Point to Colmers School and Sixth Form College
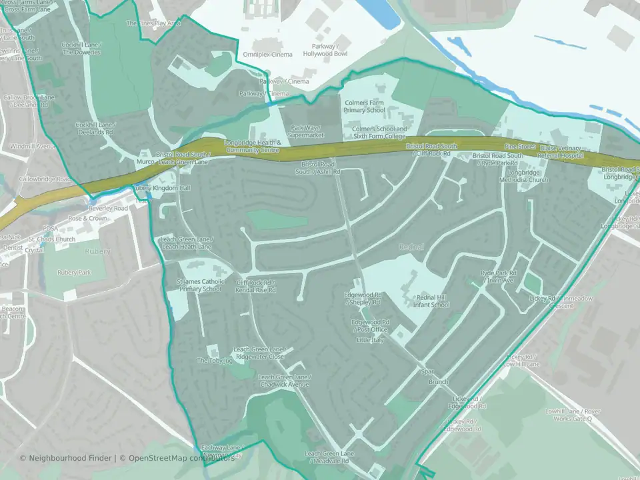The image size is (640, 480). pos(379,132)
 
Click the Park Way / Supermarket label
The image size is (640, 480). pos(306,131)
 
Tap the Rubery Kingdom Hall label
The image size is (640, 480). pos(162,189)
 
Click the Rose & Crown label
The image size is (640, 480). pos(87,218)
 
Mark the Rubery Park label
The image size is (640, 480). pos(73,272)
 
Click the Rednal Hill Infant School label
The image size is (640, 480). pos(433,301)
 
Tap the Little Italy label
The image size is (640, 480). pos(371,340)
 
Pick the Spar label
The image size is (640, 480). pos(428,372)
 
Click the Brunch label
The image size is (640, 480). pos(439,382)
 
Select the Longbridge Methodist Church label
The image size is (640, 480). pos(523,176)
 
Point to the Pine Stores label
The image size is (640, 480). pos(519,146)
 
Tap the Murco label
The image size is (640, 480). pos(145,161)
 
